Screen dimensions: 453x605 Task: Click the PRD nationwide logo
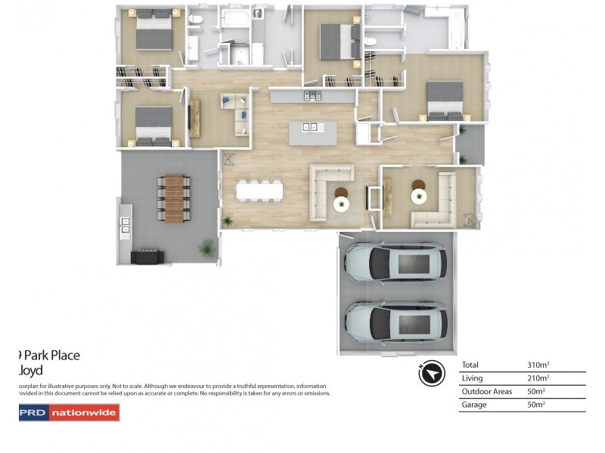pyautogui.click(x=69, y=412)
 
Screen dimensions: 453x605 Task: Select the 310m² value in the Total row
pyautogui.click(x=538, y=365)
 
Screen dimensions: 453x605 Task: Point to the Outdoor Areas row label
pyautogui.click(x=486, y=392)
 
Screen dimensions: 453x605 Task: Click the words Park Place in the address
pyautogui.click(x=52, y=355)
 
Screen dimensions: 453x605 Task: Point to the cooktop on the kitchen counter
pyautogui.click(x=312, y=96)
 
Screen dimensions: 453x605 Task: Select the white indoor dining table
pyautogui.click(x=259, y=191)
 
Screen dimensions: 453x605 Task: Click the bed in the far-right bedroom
pyautogui.click(x=445, y=100)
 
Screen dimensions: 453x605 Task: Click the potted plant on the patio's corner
pyautogui.click(x=206, y=248)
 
